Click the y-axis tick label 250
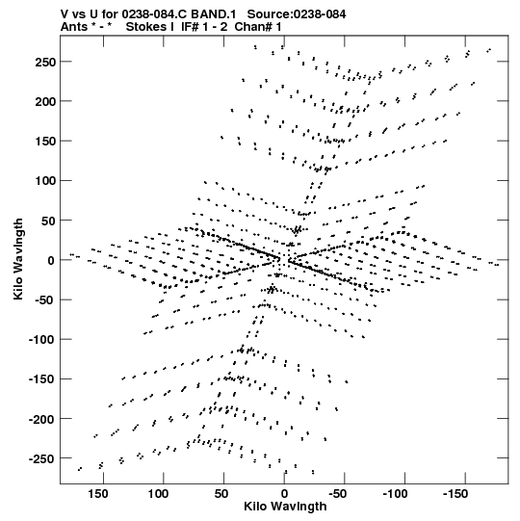tap(45, 62)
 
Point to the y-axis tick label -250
tap(41, 458)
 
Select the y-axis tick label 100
tap(45, 181)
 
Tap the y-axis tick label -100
tap(41, 340)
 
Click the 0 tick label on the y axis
tap(51, 260)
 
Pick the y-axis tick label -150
tap(41, 379)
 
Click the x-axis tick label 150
tap(97, 494)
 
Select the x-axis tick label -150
tap(455, 494)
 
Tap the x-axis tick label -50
tap(338, 494)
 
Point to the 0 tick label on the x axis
tap(284, 494)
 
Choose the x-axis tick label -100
tap(395, 494)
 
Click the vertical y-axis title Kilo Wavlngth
tap(18, 259)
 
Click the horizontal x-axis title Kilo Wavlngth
tap(285, 507)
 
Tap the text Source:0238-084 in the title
tap(297, 14)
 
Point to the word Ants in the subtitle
tap(74, 27)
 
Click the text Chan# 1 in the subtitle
tap(258, 27)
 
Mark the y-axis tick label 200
tap(45, 101)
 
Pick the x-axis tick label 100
tap(158, 494)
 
